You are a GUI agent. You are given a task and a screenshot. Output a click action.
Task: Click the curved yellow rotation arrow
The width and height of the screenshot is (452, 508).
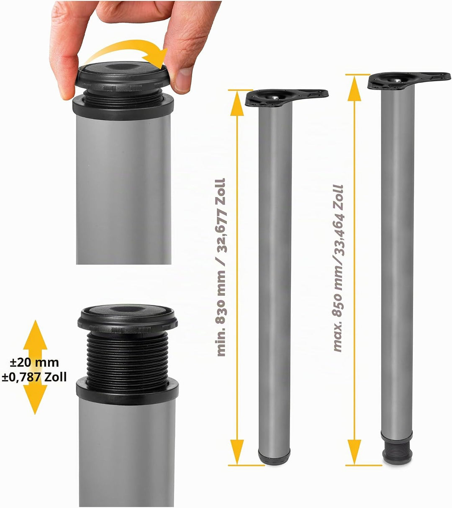(125, 48)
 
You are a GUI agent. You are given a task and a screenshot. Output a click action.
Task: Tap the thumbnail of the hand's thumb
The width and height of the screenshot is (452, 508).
(183, 78)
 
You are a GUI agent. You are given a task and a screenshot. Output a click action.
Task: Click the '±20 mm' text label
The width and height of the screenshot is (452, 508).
(34, 362)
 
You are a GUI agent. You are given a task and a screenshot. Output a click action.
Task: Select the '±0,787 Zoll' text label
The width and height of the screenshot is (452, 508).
(34, 377)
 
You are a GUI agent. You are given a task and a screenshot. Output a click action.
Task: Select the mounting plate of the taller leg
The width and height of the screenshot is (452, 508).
(409, 80)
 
